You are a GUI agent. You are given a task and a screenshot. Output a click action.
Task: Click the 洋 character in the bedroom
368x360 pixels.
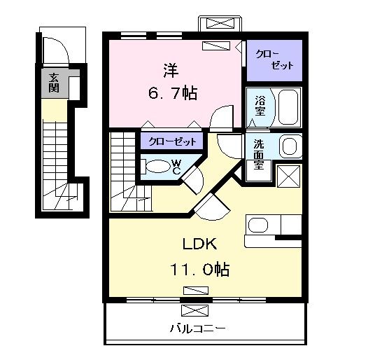tap(171, 71)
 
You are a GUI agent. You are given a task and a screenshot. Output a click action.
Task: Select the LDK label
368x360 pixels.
tap(199, 244)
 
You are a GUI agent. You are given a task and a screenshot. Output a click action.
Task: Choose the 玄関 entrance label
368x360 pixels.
tap(54, 83)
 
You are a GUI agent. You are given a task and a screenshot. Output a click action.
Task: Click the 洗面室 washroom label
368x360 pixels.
tap(258, 154)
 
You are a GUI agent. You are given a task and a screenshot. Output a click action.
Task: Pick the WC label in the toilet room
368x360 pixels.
tap(176, 167)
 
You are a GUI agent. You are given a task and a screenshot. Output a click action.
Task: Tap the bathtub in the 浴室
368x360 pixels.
tap(287, 106)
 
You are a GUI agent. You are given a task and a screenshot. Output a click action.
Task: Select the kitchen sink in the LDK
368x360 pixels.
tap(258, 226)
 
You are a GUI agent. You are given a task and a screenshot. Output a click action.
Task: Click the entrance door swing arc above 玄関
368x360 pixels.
tap(55, 50)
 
